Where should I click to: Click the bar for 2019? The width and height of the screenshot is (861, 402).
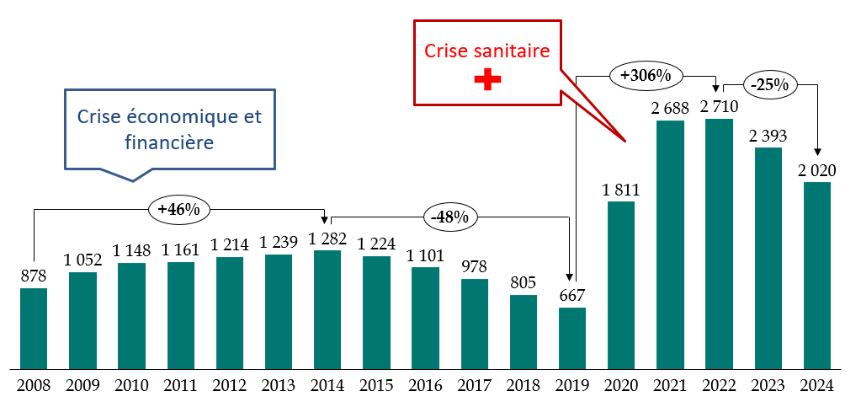pos(571,338)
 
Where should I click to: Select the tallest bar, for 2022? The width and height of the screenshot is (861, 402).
pos(718,244)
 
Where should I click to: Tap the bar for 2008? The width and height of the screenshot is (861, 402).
pos(34,329)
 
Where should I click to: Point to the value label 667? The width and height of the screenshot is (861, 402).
pos(571,296)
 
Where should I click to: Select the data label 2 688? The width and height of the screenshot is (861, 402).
pos(669,108)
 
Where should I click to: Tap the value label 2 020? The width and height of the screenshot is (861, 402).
pos(816,170)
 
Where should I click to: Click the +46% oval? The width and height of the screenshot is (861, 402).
pos(179,209)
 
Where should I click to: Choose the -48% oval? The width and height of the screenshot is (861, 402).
pos(449,217)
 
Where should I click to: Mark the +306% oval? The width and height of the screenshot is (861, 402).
pos(646,75)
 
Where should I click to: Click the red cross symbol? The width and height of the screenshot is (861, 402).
pos(487,79)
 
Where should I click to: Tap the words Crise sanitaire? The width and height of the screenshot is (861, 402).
pos(487,51)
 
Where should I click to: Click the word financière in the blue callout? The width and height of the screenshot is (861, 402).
pos(169,143)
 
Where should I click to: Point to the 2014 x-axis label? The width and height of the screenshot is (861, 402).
pos(327,386)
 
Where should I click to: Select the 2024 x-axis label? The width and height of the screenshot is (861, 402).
pos(816,386)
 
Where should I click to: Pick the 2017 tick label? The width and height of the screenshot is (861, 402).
pos(474,386)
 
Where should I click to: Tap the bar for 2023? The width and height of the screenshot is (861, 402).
pos(768,258)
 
